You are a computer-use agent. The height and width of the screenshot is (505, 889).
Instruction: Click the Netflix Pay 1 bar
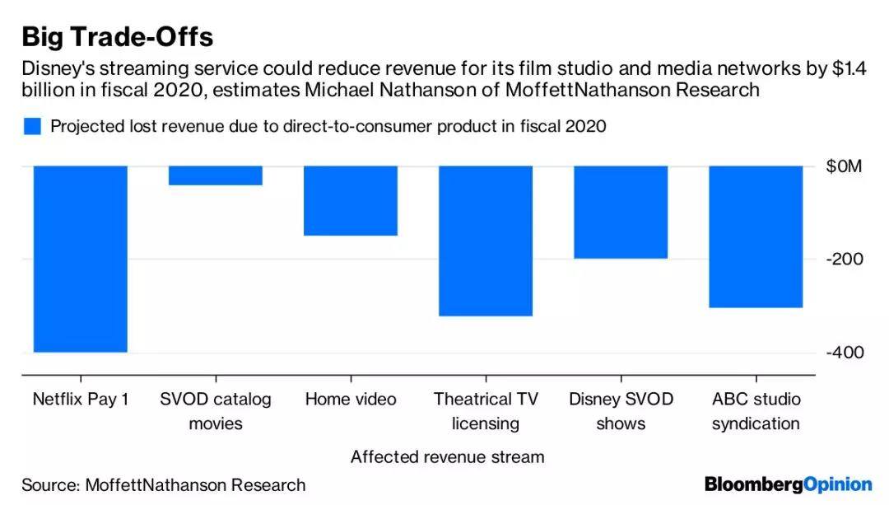[x=80, y=259]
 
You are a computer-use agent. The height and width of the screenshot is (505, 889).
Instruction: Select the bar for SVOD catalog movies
[x=216, y=175]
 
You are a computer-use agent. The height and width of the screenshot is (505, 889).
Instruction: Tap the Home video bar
[x=351, y=200]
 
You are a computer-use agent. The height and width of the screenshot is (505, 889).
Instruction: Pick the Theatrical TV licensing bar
[x=486, y=241]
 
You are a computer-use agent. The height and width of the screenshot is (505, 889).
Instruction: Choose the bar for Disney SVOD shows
[x=621, y=212]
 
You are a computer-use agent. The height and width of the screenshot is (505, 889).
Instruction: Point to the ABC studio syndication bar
[x=756, y=236]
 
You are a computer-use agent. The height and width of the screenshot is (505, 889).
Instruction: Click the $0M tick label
[x=844, y=166]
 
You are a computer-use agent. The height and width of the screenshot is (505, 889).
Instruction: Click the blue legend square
[x=32, y=126]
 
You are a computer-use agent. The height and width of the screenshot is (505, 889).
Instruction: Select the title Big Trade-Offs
[x=117, y=37]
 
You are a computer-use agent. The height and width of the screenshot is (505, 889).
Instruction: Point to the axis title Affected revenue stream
[x=447, y=456]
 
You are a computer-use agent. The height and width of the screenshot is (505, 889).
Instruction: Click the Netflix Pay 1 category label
[x=80, y=400]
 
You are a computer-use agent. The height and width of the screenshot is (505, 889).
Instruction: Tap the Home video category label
[x=351, y=400]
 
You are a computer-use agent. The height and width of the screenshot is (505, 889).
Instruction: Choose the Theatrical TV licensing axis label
[x=486, y=411]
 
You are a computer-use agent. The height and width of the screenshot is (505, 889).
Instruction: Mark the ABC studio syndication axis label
[x=756, y=411]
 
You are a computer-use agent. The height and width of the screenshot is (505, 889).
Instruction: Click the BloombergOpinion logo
[x=788, y=484]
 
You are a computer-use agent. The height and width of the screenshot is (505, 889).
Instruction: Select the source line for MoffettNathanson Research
[x=163, y=484]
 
